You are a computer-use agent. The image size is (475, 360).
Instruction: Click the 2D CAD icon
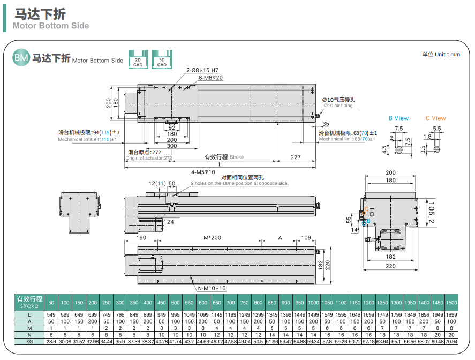[138, 59]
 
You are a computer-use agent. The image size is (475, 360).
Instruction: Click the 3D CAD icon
[162, 59]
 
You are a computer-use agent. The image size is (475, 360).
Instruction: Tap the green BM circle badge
[21, 58]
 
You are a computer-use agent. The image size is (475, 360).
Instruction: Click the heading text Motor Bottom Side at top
[51, 26]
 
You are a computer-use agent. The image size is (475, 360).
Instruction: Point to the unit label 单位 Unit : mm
[441, 54]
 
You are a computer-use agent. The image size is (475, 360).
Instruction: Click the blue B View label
[398, 118]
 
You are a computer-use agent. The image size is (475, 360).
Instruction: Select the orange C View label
[435, 118]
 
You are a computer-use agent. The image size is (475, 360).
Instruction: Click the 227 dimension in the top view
[296, 157]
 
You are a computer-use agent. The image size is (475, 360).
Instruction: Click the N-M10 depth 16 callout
[212, 288]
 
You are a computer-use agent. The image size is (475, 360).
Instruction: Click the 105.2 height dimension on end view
[431, 213]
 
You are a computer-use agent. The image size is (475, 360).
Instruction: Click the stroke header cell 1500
[451, 302]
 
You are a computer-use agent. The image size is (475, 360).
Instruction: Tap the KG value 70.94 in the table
[451, 341]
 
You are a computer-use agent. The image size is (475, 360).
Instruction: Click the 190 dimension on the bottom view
[141, 237]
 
